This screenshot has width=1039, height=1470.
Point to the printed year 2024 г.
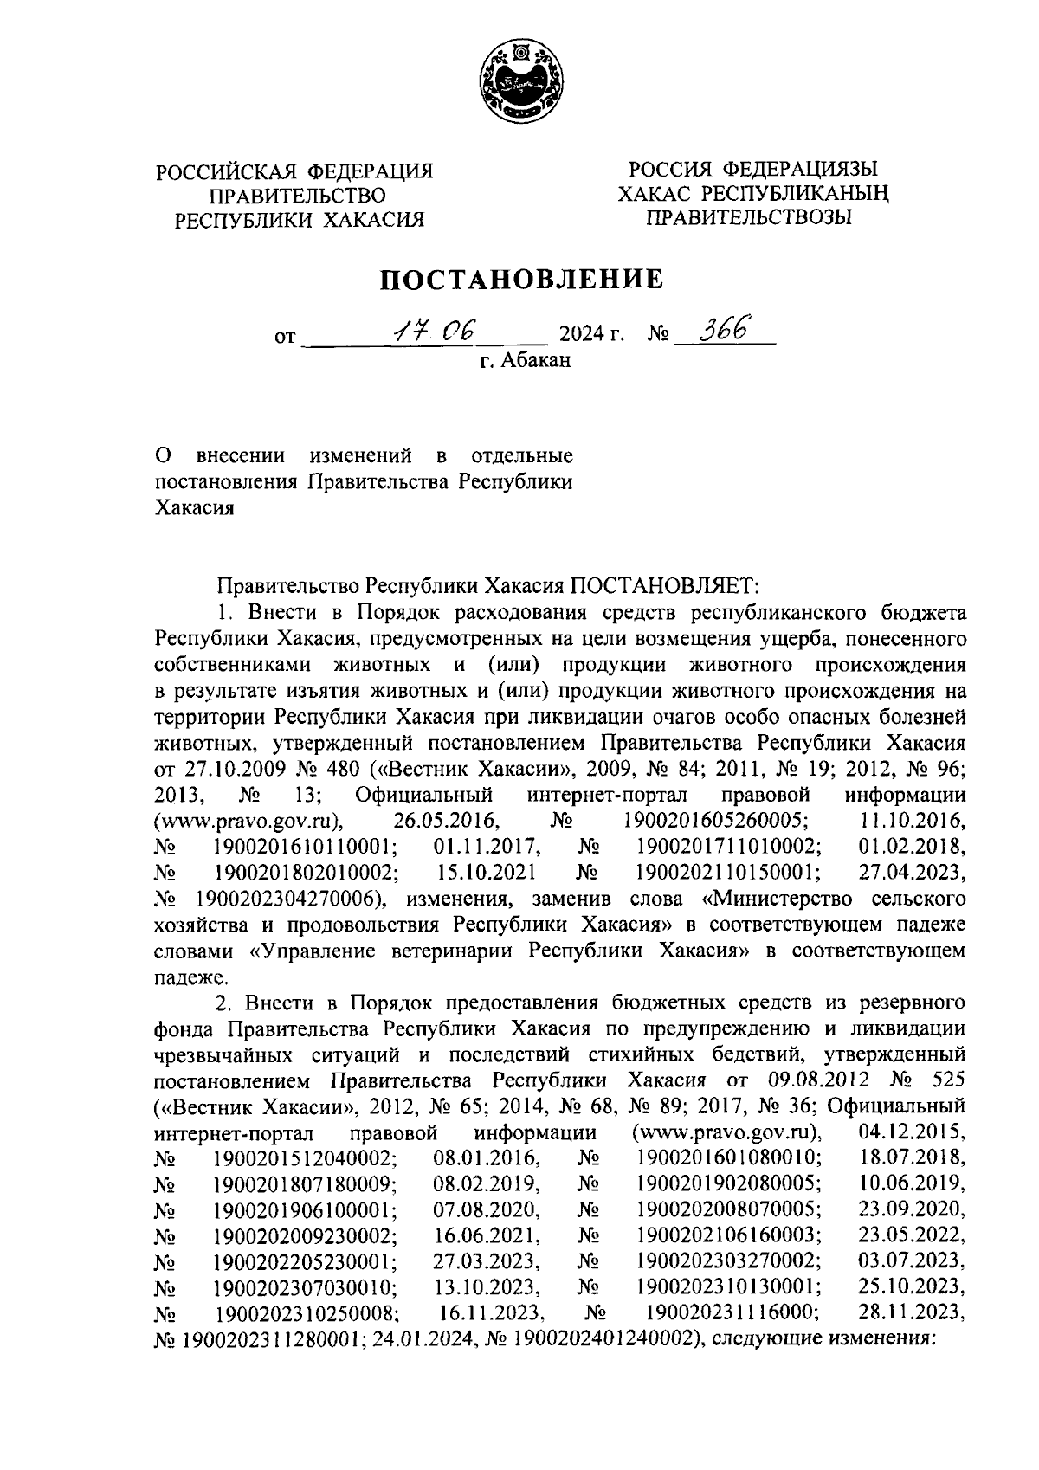[591, 333]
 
